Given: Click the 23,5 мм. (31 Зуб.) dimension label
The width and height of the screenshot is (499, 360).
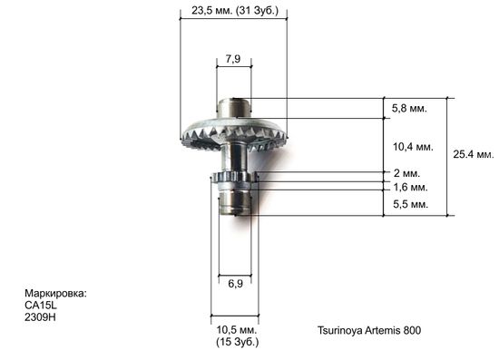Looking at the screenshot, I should tap(234, 12).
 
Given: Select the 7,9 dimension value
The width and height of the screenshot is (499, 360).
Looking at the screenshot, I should tap(233, 60).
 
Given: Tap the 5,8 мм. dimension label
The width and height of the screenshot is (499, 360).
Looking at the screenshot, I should tap(408, 109).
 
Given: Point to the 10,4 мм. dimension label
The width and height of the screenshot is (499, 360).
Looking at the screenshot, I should tap(411, 145).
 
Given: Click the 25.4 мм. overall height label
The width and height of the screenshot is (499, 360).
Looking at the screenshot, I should tap(474, 155).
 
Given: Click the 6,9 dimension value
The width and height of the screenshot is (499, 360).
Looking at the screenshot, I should tap(234, 284).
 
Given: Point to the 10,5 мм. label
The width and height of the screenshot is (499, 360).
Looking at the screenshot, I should tap(235, 329).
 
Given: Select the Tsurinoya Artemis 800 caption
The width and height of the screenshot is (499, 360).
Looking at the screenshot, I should tap(369, 330).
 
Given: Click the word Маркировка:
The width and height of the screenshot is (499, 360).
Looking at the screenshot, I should tap(55, 294).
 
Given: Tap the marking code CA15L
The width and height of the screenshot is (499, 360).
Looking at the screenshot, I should tap(40, 306).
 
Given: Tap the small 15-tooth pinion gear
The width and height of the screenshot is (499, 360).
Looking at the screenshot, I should tap(233, 176).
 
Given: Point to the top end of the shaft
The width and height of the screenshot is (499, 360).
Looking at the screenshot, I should tap(234, 107).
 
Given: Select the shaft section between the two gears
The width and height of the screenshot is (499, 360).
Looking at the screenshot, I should tap(234, 158).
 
